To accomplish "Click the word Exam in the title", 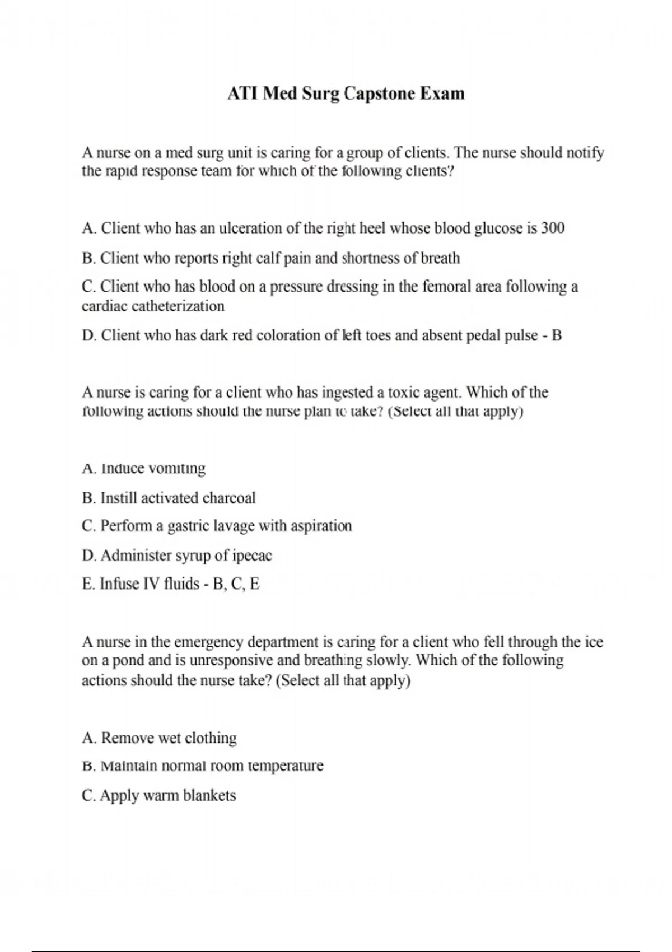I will tap(442, 93).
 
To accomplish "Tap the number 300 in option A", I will tap(553, 228).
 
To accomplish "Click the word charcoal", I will tap(229, 498).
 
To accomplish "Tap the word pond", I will tap(128, 660).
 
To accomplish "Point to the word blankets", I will tap(209, 796).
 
